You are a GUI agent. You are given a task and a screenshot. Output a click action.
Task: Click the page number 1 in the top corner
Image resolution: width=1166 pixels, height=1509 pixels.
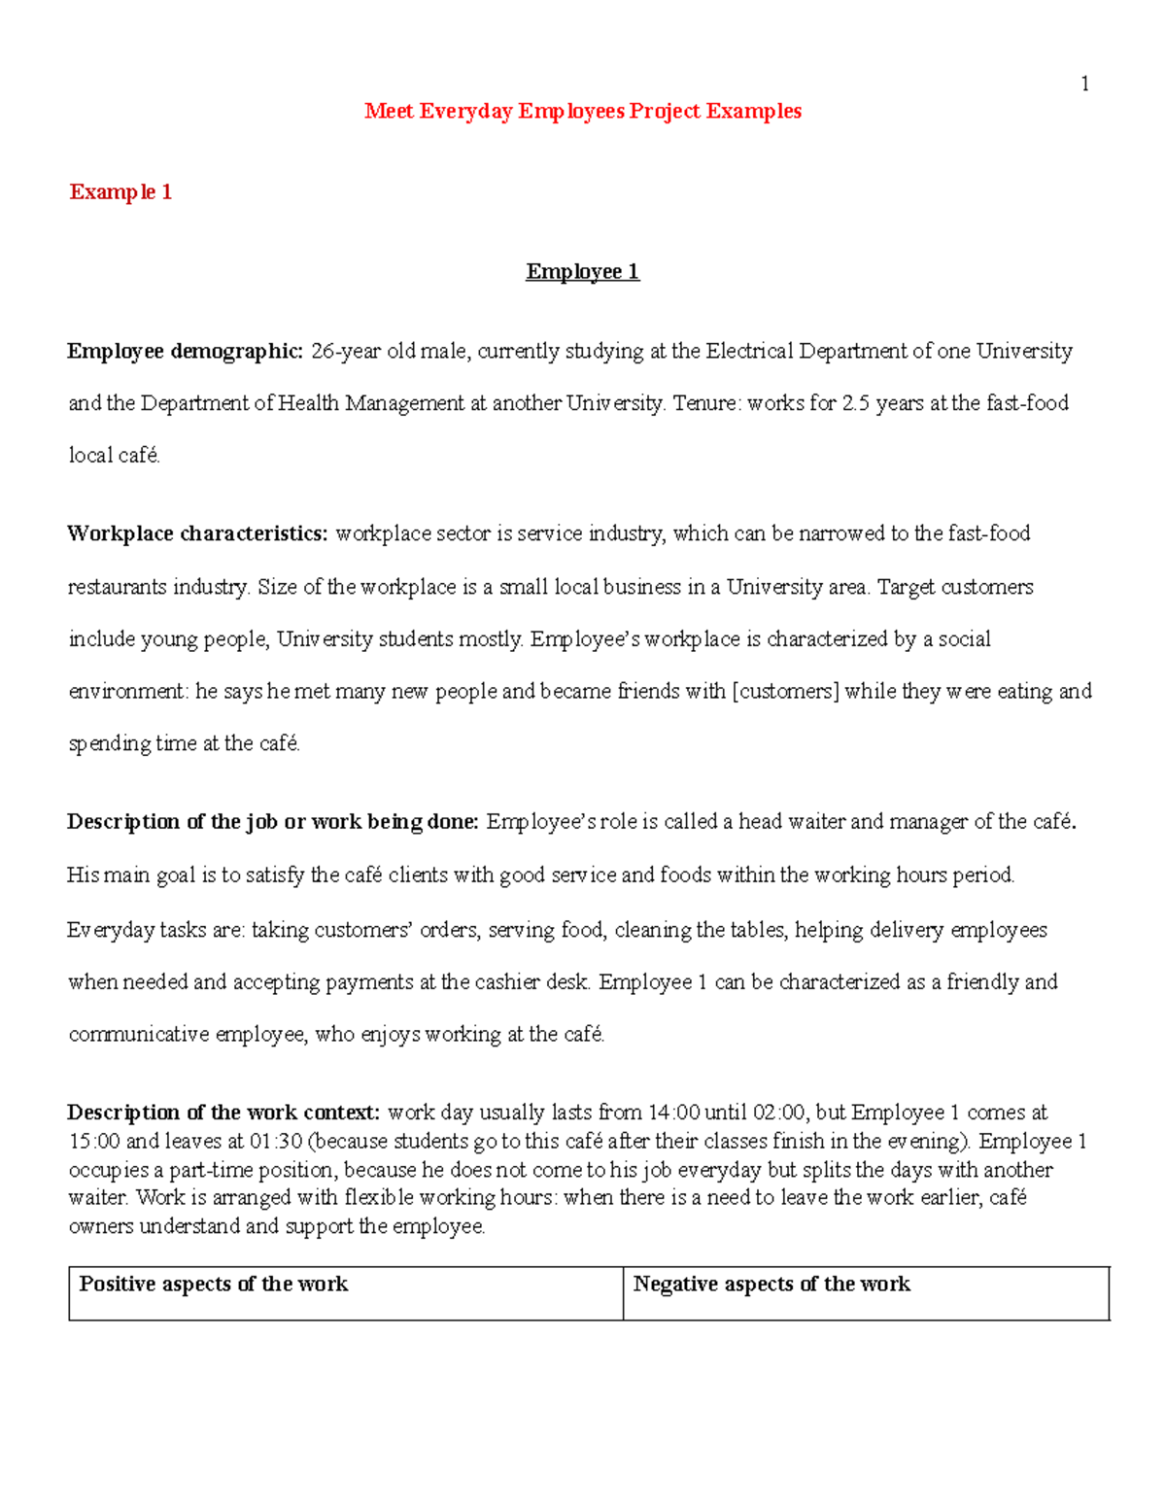pos(1084,85)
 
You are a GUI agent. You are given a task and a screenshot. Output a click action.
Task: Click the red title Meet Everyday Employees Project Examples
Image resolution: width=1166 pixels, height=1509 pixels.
pos(582,112)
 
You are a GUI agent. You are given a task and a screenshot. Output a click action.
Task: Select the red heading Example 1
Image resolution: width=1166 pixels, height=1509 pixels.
pos(120,192)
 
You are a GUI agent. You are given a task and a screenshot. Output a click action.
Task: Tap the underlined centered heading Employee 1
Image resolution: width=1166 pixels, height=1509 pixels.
pos(582,272)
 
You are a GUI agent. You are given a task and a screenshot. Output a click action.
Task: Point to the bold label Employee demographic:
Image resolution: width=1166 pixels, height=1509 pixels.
pos(185,352)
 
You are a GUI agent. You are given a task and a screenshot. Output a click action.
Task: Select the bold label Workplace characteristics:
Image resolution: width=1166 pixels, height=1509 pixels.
pos(197,534)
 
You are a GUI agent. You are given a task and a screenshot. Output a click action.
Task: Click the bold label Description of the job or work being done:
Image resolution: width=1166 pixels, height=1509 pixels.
pos(272,823)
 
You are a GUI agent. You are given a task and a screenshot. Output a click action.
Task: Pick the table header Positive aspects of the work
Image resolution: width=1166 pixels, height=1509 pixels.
pos(213,1285)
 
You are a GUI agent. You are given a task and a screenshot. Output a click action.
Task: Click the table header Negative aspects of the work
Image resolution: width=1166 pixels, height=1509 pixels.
pos(772,1285)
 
